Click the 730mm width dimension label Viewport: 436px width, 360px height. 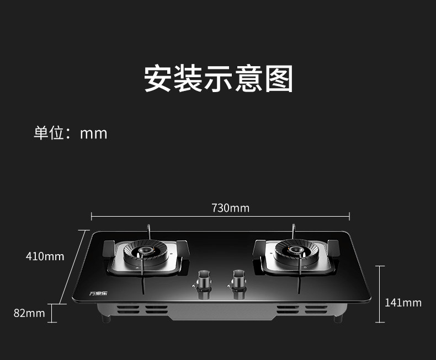tap(230, 208)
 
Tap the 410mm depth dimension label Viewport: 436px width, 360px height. tap(45, 256)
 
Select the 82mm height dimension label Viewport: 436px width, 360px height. tap(29, 313)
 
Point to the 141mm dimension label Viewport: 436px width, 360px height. tap(403, 303)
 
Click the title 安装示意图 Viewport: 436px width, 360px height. tap(218, 79)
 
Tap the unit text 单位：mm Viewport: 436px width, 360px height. tap(70, 133)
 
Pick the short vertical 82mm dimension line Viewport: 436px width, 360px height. tap(53, 313)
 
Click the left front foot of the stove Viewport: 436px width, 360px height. tap(106, 319)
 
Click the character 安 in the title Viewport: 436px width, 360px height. tap(158, 79)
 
